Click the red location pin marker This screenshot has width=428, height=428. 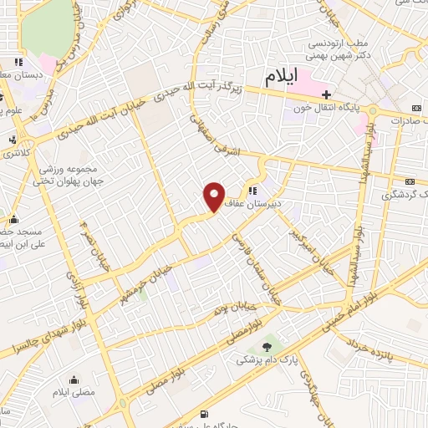tap(214, 196)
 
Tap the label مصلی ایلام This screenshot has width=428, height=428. tap(74, 391)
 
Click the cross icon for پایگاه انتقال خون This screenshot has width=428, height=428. tap(329, 94)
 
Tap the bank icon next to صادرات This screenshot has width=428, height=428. tap(417, 108)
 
